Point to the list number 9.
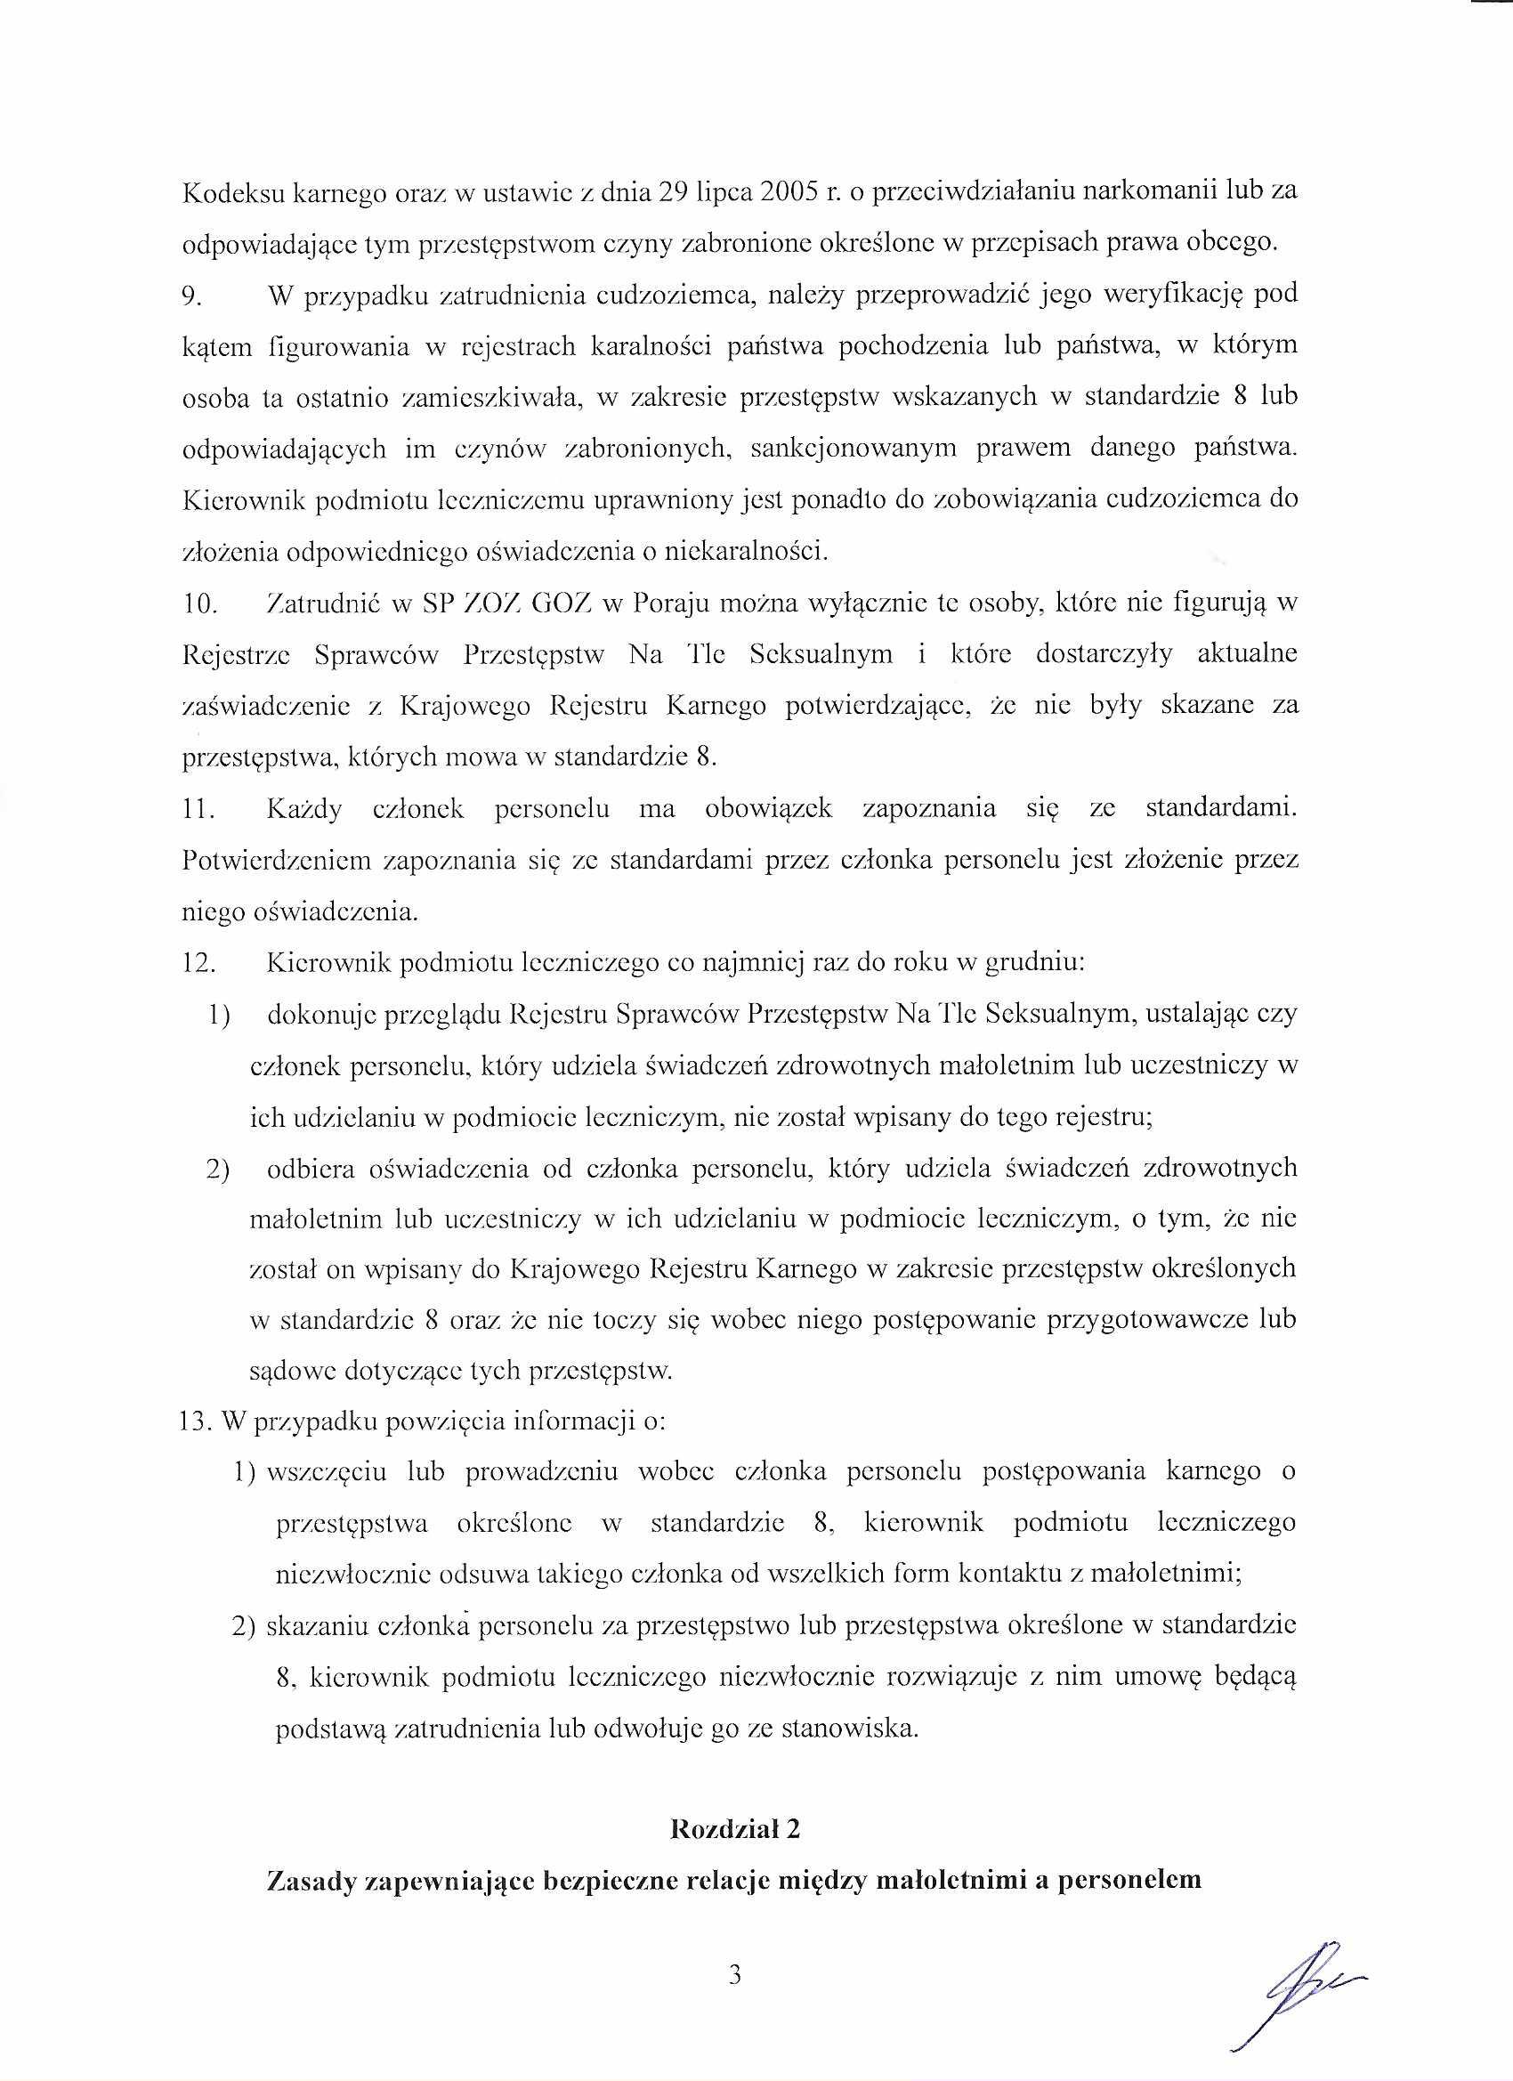(191, 296)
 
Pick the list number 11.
(198, 810)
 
